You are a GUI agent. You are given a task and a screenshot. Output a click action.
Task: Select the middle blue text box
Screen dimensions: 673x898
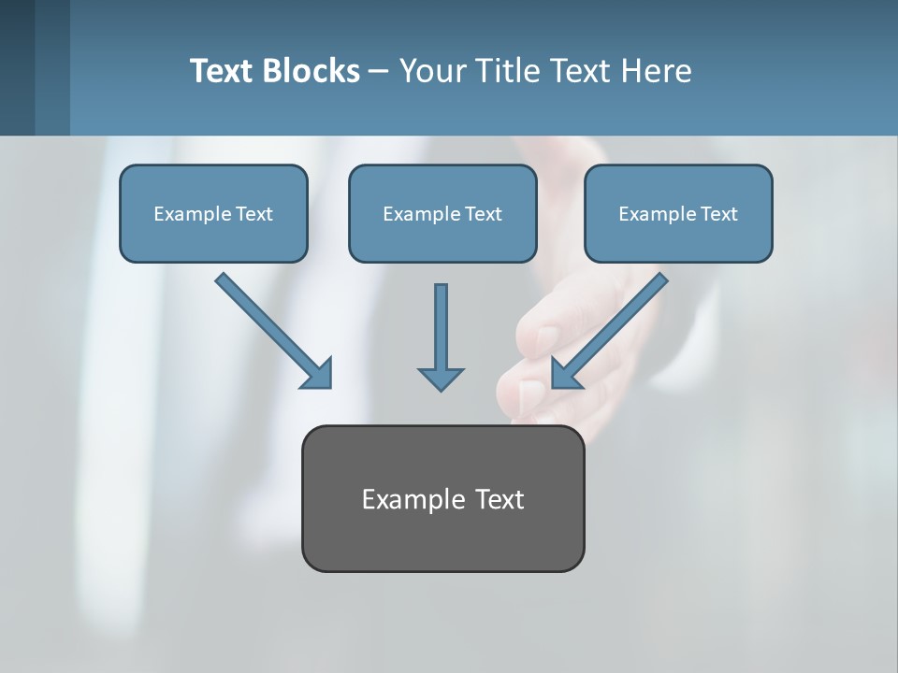pyautogui.click(x=442, y=238)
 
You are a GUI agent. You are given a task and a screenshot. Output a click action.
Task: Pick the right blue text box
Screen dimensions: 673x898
pyautogui.click(x=678, y=238)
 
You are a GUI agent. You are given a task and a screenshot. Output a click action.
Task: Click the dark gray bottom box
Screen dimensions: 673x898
pyautogui.click(x=442, y=537)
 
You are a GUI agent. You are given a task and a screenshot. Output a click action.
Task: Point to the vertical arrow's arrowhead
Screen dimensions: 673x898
pyautogui.click(x=441, y=378)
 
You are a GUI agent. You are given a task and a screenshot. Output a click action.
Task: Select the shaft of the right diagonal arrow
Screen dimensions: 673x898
pyautogui.click(x=622, y=318)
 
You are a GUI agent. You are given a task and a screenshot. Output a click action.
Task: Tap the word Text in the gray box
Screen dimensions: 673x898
pyautogui.click(x=500, y=499)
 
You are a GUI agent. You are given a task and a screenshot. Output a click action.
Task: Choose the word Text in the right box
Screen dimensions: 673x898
pyautogui.click(x=719, y=214)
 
